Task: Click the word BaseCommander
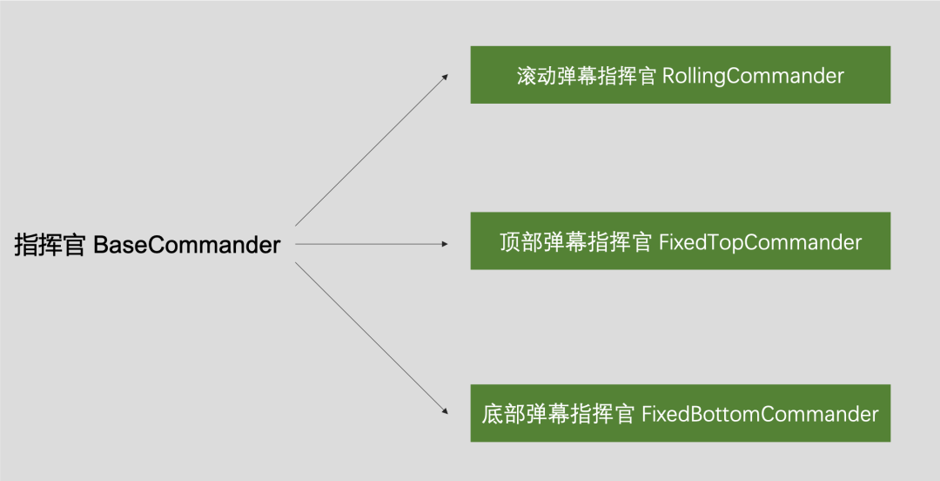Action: coord(186,245)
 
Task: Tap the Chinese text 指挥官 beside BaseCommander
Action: coord(50,245)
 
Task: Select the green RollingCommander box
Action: coord(680,75)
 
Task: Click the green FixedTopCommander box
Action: coord(680,240)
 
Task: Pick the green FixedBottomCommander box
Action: coord(680,413)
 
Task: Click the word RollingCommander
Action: coord(753,76)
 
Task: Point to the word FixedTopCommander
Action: coord(760,241)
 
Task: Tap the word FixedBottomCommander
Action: coord(760,414)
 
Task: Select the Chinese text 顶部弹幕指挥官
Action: coord(575,241)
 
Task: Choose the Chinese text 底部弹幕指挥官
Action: coord(558,414)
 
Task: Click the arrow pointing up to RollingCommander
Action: coord(372,150)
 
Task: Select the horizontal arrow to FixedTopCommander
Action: coord(372,244)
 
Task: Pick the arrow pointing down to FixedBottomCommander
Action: coord(372,337)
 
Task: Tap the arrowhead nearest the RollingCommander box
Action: coord(445,77)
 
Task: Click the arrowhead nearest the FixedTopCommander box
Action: coord(445,244)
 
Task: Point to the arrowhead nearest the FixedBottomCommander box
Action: coord(445,410)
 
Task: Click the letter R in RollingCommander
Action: coord(668,76)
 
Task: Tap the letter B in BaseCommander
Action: coord(99,245)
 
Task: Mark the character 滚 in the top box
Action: coord(526,76)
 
